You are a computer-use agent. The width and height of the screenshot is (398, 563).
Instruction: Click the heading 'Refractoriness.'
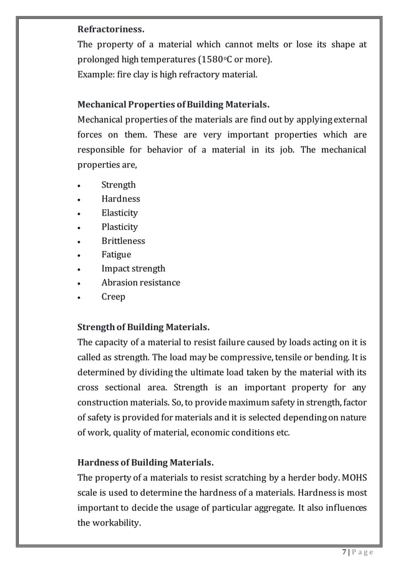(110, 29)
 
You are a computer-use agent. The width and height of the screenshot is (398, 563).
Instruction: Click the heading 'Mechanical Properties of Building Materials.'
(173, 103)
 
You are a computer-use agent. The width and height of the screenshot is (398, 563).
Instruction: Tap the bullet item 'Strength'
(119, 185)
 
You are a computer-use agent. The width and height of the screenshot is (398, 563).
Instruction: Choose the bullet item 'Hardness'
(120, 199)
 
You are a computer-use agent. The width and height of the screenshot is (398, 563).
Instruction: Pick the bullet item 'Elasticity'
(120, 213)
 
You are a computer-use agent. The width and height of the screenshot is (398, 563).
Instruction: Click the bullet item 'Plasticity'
(120, 227)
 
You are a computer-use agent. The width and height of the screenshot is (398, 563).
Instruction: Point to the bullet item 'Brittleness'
(123, 241)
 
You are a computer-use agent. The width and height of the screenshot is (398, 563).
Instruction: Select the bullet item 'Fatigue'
(116, 255)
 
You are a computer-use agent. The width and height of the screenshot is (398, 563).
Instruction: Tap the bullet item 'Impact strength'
(133, 268)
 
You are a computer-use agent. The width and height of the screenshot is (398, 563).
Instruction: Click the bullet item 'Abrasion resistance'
(141, 283)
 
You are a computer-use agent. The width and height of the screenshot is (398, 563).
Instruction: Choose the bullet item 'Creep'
(114, 296)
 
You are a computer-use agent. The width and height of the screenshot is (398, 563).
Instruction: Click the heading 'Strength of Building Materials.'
(143, 327)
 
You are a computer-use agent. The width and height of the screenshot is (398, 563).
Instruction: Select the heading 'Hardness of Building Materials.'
(145, 463)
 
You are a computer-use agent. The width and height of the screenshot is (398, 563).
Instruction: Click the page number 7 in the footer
(345, 551)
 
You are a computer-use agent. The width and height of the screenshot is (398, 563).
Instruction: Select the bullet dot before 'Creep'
(79, 297)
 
